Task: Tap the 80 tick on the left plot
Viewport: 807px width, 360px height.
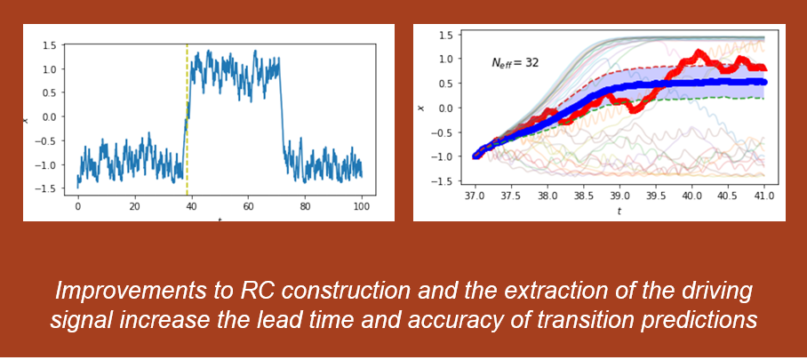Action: coord(305,207)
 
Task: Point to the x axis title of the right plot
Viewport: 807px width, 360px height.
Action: coord(421,108)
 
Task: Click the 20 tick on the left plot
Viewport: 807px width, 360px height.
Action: coord(135,207)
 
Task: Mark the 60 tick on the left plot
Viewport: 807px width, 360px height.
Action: coord(248,207)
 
